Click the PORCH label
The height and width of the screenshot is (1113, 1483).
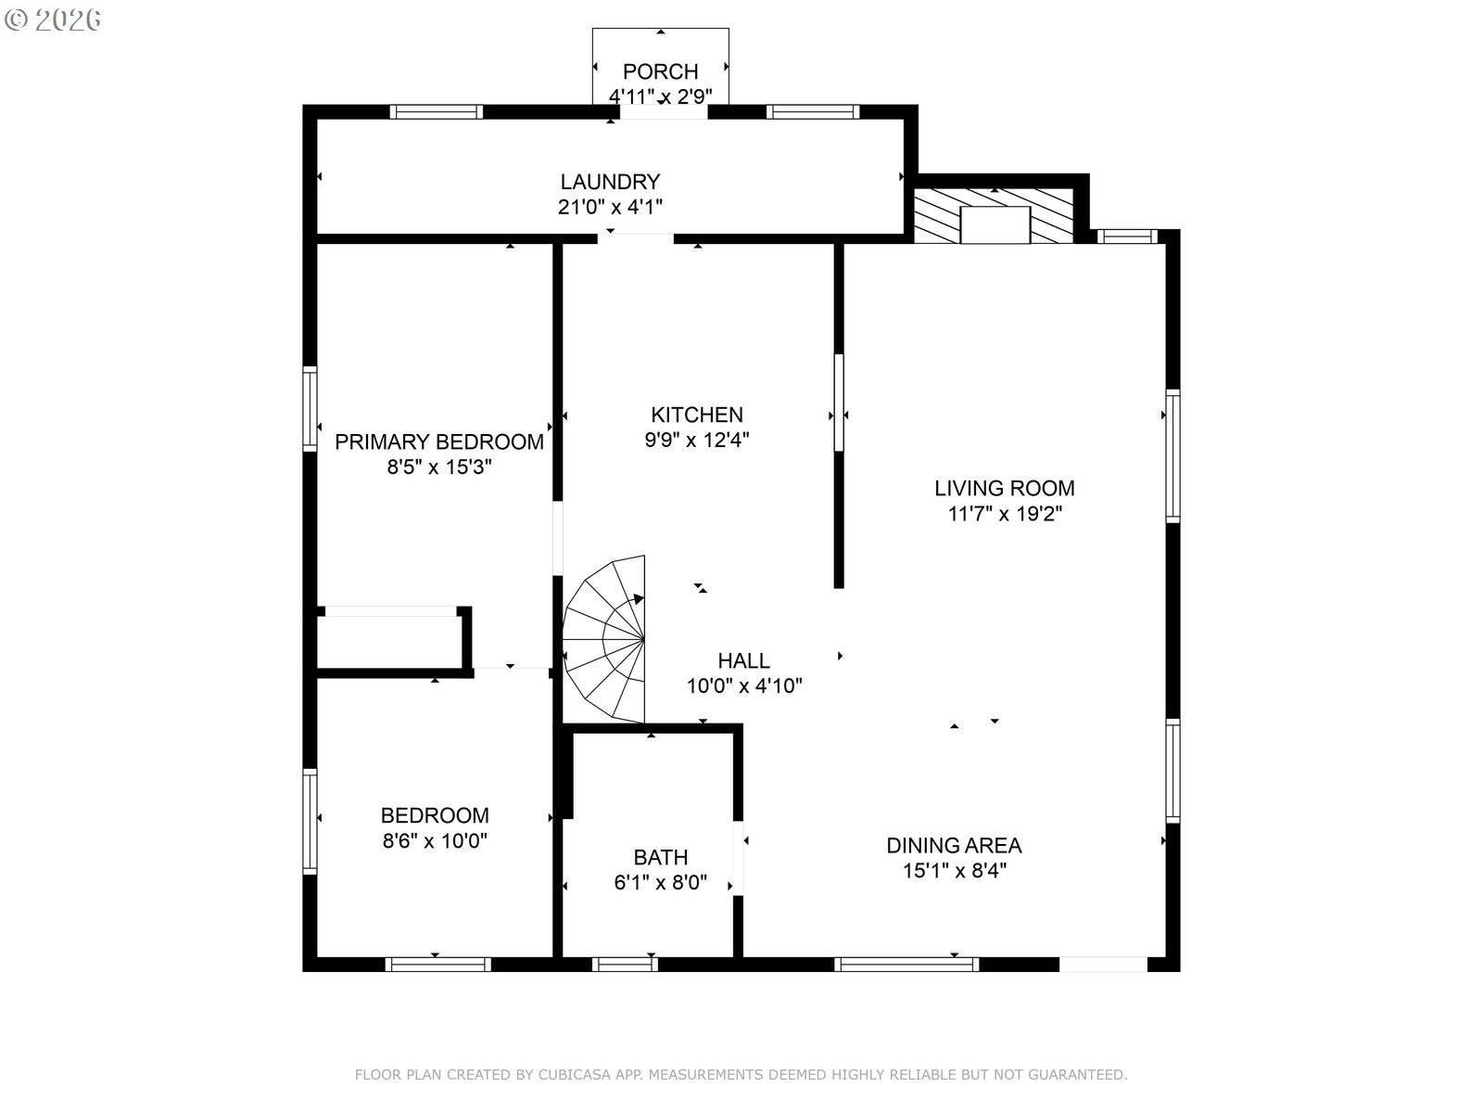659,71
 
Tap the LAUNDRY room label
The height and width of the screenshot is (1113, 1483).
609,181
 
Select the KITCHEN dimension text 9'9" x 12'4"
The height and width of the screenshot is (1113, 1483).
697,440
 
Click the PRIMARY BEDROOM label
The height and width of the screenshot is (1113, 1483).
439,441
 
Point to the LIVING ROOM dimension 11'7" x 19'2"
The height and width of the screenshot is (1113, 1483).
1004,514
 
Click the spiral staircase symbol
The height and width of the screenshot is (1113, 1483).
604,639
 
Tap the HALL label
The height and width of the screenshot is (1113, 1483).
743,660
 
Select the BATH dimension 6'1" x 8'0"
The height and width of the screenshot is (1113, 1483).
660,882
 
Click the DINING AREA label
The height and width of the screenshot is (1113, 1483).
954,845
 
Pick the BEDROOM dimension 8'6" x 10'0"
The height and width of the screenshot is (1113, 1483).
435,840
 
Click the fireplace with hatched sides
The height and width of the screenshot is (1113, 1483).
994,216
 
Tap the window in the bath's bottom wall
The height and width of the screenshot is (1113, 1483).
625,965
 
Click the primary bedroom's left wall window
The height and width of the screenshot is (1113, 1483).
310,408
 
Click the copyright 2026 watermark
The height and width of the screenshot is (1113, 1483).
52,19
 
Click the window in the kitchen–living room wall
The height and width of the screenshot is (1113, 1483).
839,403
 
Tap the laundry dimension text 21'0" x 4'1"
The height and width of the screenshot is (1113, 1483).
609,206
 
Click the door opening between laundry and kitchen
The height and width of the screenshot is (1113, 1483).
635,237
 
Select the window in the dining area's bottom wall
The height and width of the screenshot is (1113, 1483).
906,965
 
